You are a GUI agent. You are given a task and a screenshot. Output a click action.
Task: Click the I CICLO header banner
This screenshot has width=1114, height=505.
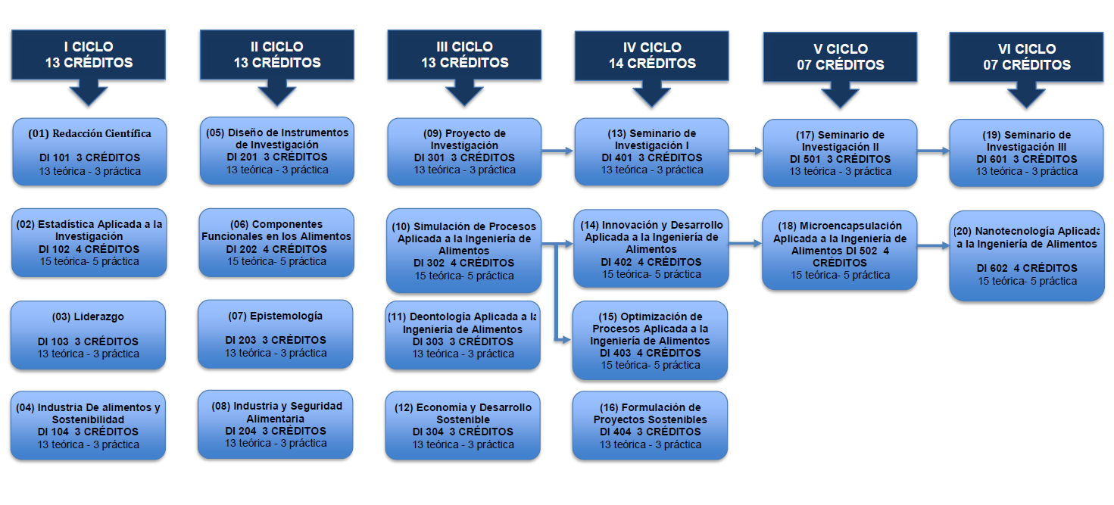88,55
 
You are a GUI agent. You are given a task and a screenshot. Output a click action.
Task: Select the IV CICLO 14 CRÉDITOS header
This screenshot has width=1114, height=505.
652,56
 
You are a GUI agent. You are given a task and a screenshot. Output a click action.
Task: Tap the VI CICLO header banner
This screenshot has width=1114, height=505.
1027,57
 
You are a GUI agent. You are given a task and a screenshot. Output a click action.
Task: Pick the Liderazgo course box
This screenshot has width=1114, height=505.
88,335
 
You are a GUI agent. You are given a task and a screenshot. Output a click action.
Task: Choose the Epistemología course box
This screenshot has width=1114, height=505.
275,334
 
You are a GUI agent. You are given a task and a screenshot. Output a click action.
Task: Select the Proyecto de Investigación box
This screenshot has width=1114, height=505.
464,151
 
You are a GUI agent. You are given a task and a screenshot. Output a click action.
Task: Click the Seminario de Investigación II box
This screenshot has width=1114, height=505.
840,153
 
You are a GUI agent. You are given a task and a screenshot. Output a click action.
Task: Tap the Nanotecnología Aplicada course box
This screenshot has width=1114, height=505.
1027,256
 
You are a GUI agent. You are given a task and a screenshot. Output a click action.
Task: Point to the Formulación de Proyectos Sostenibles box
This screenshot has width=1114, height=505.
650,426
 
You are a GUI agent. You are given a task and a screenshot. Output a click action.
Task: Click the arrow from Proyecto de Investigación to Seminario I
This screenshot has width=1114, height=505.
558,151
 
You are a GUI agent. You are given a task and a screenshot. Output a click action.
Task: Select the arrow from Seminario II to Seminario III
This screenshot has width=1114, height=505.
933,151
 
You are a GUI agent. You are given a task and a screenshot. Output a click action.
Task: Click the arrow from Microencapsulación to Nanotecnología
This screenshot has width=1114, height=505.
932,245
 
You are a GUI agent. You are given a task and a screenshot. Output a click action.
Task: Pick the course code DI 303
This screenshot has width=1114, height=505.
428,341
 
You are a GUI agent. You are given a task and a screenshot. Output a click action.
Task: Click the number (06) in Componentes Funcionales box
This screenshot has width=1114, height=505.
239,224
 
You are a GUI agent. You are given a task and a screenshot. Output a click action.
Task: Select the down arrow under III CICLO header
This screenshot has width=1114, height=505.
464,92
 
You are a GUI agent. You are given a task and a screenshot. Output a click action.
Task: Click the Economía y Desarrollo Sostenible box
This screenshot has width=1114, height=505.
463,426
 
